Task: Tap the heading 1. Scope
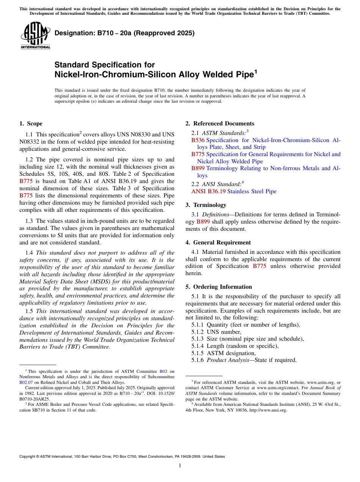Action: [31, 124]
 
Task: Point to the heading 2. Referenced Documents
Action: [220, 124]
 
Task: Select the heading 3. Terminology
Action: [206, 205]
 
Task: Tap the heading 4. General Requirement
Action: [218, 243]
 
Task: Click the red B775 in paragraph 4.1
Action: [259, 266]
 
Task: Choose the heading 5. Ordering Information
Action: [219, 287]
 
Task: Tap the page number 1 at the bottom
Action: [180, 466]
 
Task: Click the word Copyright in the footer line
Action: [28, 457]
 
